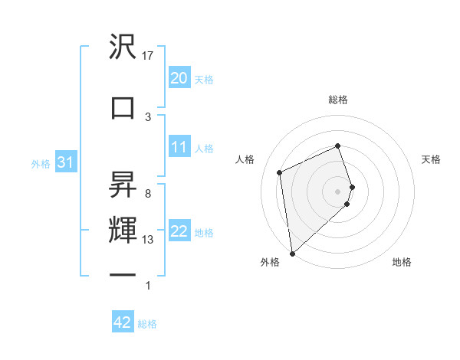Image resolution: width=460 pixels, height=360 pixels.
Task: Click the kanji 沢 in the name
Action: pos(123,47)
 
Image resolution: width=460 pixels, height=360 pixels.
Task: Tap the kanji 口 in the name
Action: pos(123,107)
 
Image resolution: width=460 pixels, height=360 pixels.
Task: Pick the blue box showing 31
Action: pos(64,162)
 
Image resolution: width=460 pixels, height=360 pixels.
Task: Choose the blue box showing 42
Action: pos(123,322)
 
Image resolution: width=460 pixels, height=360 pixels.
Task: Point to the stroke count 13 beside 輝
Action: pos(149,240)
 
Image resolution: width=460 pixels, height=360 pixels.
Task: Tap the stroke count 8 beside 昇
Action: pos(147,194)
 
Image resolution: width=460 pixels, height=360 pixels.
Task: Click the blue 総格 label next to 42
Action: pos(147,324)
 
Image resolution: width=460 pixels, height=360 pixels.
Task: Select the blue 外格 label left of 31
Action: pos(41,163)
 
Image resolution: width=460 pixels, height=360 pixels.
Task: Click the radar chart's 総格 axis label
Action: pos(338,100)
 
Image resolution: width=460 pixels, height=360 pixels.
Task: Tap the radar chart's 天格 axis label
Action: pos(431,159)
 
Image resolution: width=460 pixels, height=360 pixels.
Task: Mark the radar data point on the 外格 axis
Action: pos(292,254)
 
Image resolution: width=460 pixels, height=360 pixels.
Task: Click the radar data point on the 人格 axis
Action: pos(280,172)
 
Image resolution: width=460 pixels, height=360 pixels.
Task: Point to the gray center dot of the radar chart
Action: pos(338,191)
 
